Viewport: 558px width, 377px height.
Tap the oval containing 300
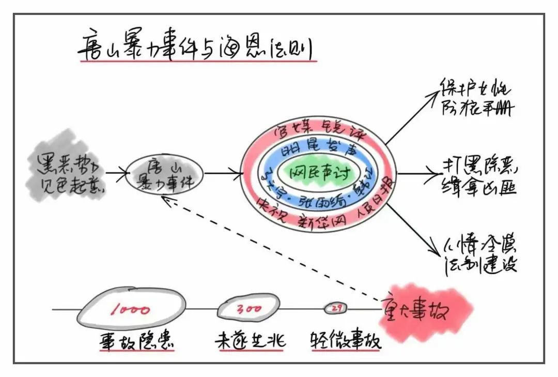(x=249, y=309)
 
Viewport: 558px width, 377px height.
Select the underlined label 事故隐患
(x=136, y=341)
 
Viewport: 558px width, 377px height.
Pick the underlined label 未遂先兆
(x=250, y=341)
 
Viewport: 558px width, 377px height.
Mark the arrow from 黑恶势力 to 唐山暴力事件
(x=116, y=174)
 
